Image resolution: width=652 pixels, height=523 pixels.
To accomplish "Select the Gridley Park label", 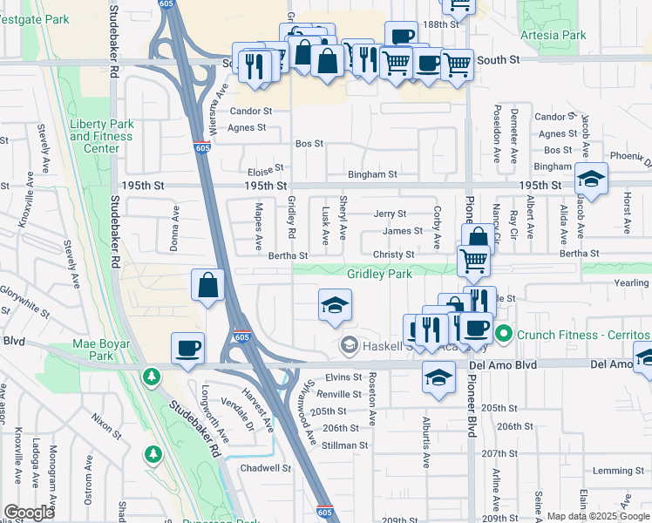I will point(379,274).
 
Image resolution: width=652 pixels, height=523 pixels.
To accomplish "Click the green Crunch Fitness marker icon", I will point(503,335).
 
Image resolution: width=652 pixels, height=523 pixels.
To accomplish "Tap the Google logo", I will point(29,513).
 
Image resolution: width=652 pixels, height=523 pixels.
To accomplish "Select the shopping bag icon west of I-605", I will point(208,285).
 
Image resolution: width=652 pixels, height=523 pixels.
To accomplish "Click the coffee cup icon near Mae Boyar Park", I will point(188,349).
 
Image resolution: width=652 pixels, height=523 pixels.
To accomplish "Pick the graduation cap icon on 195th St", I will point(592,179).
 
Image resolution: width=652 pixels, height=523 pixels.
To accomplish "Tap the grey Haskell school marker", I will point(350,346).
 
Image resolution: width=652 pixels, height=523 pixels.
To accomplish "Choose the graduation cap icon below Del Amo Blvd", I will point(438,377).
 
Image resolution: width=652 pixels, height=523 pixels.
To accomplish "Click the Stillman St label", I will point(345,445).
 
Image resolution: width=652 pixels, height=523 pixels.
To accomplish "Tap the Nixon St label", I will point(106,426).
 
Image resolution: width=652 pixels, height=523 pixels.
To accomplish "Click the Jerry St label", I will point(390,214).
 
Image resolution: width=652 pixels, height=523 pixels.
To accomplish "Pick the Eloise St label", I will point(266,168).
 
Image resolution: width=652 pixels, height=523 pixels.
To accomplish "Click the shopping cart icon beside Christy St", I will point(473,259).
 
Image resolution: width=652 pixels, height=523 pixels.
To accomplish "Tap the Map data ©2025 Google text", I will point(598,516).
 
